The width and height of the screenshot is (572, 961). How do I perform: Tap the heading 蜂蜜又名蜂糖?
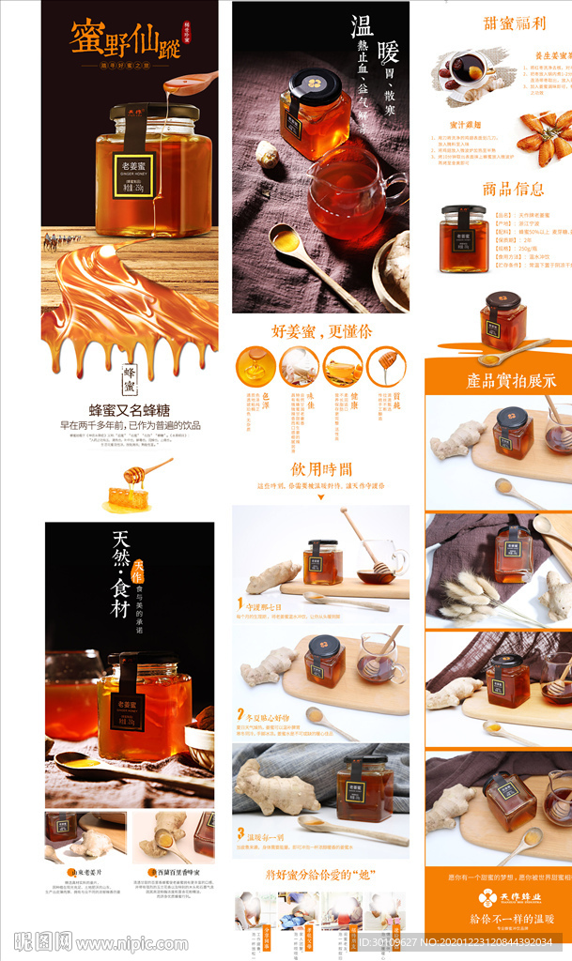(x=131, y=410)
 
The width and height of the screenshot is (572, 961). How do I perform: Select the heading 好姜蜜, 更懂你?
(x=321, y=330)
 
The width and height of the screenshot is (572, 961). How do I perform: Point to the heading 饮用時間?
(x=320, y=468)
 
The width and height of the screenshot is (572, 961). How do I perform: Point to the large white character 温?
(x=363, y=25)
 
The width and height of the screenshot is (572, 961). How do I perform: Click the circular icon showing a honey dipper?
(x=385, y=366)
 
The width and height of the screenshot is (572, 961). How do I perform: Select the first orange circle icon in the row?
(x=255, y=366)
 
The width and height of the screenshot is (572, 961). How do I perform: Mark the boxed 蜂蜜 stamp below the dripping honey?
(x=130, y=381)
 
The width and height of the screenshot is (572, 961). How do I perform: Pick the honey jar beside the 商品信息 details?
(x=463, y=239)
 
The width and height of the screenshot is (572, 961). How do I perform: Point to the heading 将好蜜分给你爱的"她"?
(x=320, y=875)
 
